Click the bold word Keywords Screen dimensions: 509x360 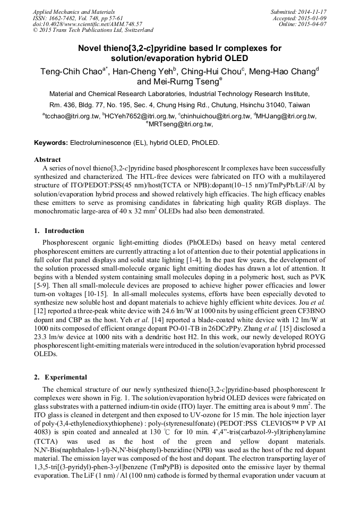pos(51,143)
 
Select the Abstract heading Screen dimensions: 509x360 pos(47,159)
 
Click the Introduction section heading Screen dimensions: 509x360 pos(64,231)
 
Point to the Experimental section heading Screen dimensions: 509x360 pos(66,377)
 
